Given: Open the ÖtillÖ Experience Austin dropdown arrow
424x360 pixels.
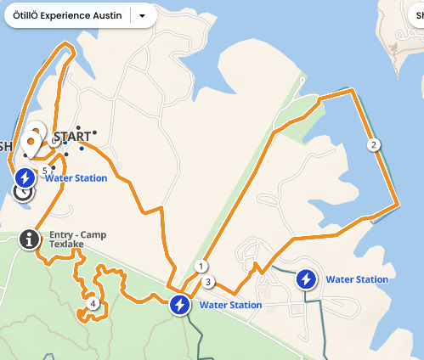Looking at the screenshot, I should point(142,15).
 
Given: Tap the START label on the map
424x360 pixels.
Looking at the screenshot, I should point(71,137).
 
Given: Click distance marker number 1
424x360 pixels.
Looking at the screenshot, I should point(201,266).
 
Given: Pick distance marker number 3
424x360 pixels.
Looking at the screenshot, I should point(208,282).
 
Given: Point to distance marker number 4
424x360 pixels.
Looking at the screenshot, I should point(93,302).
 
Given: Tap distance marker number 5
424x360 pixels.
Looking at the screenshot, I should point(44,171).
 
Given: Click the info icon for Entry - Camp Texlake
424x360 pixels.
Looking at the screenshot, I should point(29,239).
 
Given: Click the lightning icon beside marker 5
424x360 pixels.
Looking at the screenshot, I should point(25,177).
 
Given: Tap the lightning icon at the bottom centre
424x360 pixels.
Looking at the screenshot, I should point(179,305).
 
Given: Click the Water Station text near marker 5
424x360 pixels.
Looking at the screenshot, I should point(76,178).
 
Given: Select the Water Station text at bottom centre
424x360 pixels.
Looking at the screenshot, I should point(230,305).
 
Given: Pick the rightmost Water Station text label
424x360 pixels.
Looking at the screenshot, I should point(357,279).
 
